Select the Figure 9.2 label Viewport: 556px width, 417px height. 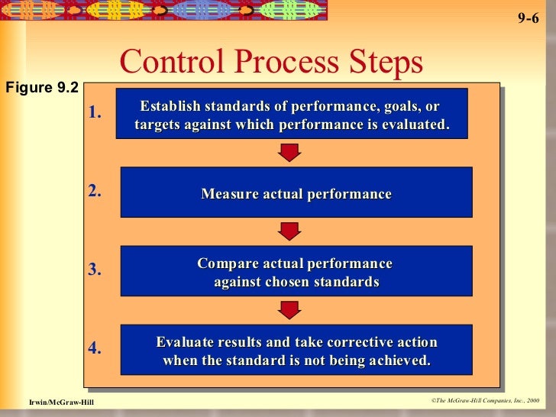(x=41, y=88)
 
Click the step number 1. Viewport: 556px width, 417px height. (x=95, y=113)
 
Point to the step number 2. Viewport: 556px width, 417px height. (x=95, y=191)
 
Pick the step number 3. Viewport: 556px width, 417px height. (x=95, y=270)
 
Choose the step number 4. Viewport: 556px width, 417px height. (x=95, y=348)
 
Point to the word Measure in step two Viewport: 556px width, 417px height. (x=228, y=194)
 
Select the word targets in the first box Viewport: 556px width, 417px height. (x=158, y=124)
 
